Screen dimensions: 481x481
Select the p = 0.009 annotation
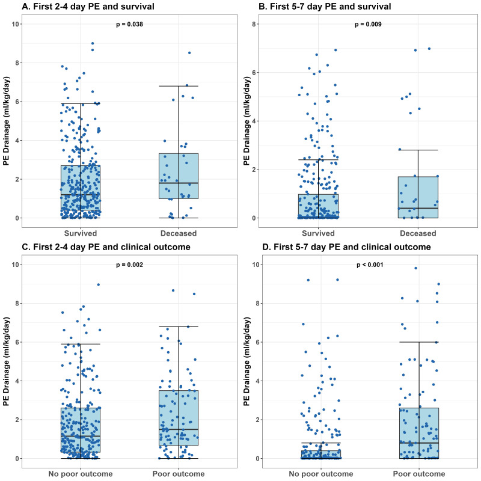369,24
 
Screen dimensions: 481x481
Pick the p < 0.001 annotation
369,265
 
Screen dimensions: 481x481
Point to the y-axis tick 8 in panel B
256,24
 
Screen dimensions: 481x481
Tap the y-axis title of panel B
246,120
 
